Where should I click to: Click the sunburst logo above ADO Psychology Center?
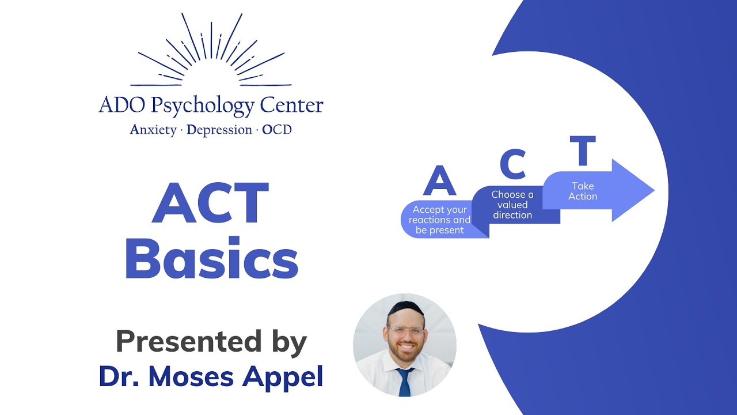point(211,52)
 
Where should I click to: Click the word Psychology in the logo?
point(202,105)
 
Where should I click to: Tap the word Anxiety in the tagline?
point(153,130)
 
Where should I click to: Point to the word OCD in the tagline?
point(277,130)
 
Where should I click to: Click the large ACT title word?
point(211,203)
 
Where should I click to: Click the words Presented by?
point(211,342)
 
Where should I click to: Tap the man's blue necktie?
point(405,382)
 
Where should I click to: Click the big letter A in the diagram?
point(439,180)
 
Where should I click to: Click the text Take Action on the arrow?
point(583,191)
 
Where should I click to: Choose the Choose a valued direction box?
point(512,205)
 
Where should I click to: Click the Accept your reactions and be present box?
point(440,220)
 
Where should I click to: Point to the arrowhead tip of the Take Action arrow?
point(653,190)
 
